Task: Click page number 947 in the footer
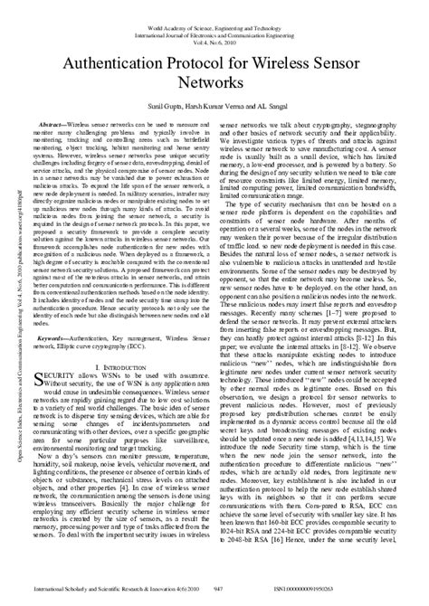click(x=217, y=588)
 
